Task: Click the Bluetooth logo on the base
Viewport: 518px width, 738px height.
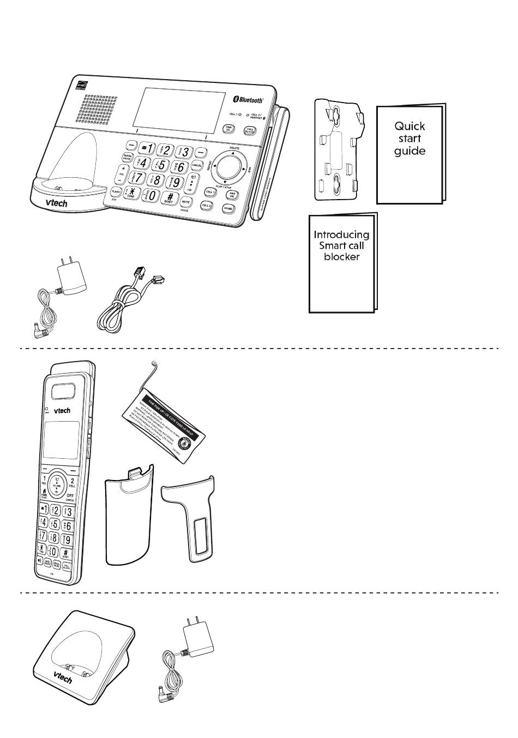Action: point(249,99)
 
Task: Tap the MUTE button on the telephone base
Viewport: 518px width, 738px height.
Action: point(185,201)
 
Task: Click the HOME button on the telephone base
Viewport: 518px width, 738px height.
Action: point(228,208)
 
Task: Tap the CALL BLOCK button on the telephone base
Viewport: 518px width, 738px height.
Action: point(250,130)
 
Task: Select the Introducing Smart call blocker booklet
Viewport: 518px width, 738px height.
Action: point(341,262)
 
